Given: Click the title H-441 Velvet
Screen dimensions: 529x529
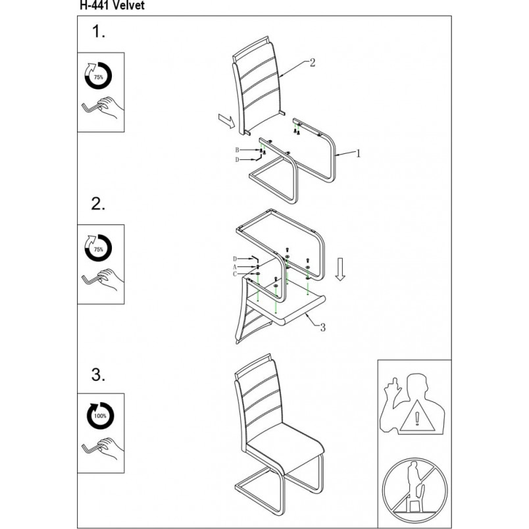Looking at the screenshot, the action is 112,5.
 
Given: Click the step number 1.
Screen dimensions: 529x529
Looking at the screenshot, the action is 99,32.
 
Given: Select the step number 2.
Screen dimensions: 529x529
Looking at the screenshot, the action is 98,204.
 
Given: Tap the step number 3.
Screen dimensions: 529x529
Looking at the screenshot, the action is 98,374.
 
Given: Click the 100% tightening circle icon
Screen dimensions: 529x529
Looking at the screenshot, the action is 100,416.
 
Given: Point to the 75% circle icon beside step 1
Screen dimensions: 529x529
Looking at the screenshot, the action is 98,76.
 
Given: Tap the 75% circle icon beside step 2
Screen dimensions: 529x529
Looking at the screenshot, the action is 98,248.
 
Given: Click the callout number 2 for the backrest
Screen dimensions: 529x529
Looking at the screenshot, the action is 313,63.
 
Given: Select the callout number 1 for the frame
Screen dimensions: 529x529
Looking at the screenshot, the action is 359,153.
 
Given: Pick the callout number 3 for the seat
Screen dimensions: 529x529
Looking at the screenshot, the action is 323,327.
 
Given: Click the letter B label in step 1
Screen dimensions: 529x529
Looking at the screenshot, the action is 237,150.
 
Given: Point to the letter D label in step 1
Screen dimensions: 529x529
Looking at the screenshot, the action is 237,160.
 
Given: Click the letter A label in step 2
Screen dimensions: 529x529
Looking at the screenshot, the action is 235,267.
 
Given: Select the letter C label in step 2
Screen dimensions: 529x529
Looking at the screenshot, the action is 235,274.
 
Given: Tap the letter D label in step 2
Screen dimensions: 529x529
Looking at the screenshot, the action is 235,259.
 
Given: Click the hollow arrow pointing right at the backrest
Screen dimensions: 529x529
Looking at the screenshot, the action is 226,121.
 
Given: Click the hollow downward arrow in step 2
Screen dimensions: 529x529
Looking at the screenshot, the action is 340,269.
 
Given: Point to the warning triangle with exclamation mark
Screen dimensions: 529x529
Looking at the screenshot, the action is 417,417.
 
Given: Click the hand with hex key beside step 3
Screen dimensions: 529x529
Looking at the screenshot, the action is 103,449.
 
